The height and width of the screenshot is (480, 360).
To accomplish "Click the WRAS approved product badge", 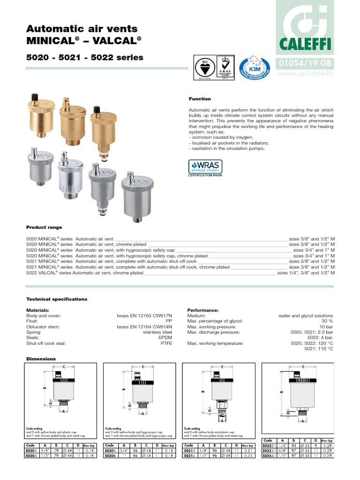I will (205, 168).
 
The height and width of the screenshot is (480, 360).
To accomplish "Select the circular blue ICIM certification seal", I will (254, 69).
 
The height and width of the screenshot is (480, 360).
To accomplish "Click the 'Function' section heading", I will (200, 99).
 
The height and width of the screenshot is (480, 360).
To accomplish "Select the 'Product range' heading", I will (44, 227).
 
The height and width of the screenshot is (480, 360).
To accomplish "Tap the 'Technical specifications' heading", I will (57, 299).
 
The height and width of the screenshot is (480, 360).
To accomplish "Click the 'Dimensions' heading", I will (41, 359).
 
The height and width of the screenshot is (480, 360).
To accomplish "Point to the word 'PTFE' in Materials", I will (166, 344).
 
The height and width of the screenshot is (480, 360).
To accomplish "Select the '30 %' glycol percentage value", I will (327, 321).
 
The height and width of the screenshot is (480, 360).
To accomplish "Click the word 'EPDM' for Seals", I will (165, 338).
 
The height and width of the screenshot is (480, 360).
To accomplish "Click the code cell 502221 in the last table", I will (269, 446).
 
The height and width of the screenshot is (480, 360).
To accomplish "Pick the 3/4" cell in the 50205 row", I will (123, 450).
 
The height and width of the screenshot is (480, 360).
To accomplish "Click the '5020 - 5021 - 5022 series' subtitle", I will (85, 58).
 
